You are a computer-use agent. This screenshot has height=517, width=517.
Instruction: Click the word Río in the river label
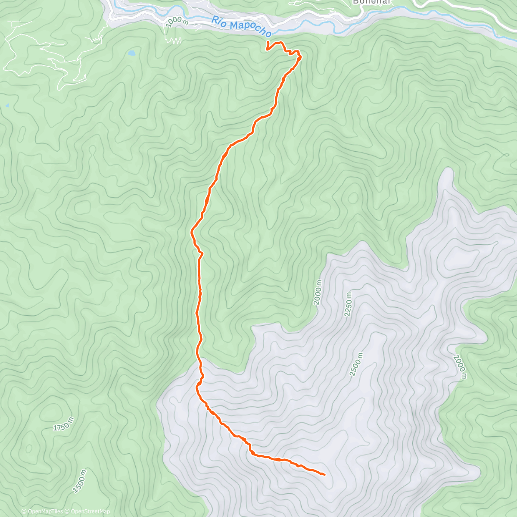220,22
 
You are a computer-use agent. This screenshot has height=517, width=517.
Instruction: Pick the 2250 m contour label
348,304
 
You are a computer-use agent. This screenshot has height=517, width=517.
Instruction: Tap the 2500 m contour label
356,364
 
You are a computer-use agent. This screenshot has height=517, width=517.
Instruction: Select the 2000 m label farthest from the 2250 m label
460,367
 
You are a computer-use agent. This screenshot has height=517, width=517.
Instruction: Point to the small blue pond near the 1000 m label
131,53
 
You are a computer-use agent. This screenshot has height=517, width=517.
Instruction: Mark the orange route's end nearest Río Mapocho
268,42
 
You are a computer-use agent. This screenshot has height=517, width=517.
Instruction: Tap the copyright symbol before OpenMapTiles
25,511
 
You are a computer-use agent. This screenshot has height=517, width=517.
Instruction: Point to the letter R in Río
215,20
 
